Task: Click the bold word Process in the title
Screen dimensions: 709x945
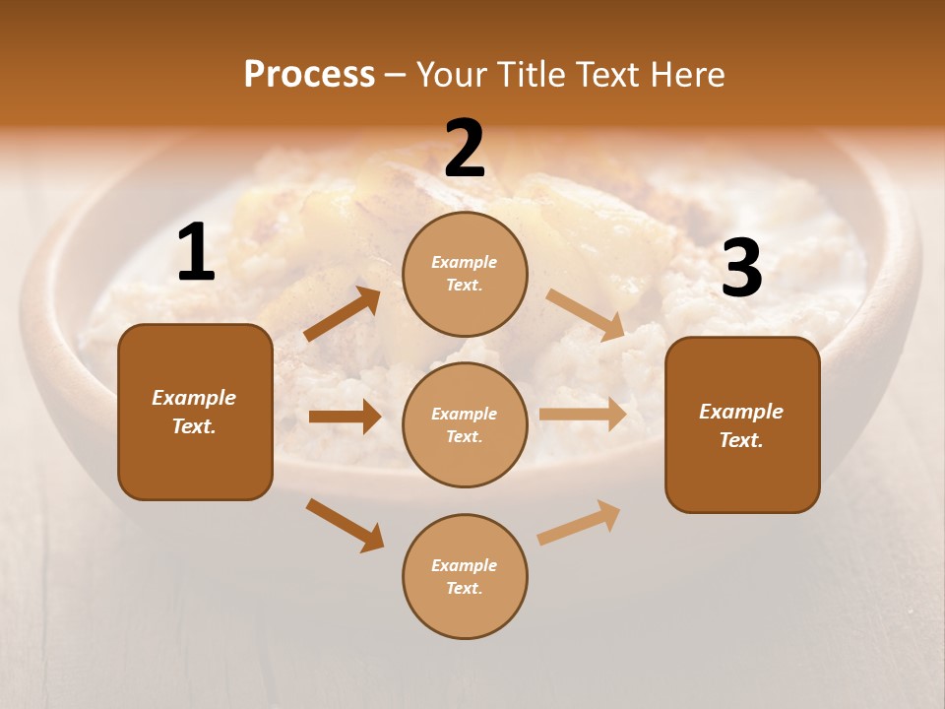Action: point(309,74)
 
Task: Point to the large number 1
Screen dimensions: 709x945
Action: point(196,253)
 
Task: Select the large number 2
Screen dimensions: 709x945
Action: point(465,149)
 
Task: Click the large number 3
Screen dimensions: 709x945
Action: point(741,269)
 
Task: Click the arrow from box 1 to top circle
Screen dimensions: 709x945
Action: point(343,314)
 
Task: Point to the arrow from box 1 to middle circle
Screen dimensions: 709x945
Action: point(345,417)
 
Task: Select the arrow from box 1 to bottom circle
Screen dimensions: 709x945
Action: point(345,525)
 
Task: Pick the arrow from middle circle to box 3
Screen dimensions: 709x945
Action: point(583,415)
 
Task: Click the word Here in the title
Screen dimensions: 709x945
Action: point(688,74)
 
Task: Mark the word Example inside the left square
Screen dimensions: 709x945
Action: point(194,398)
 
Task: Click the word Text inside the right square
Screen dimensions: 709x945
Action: point(740,440)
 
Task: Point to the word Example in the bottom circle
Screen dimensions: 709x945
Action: point(464,565)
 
